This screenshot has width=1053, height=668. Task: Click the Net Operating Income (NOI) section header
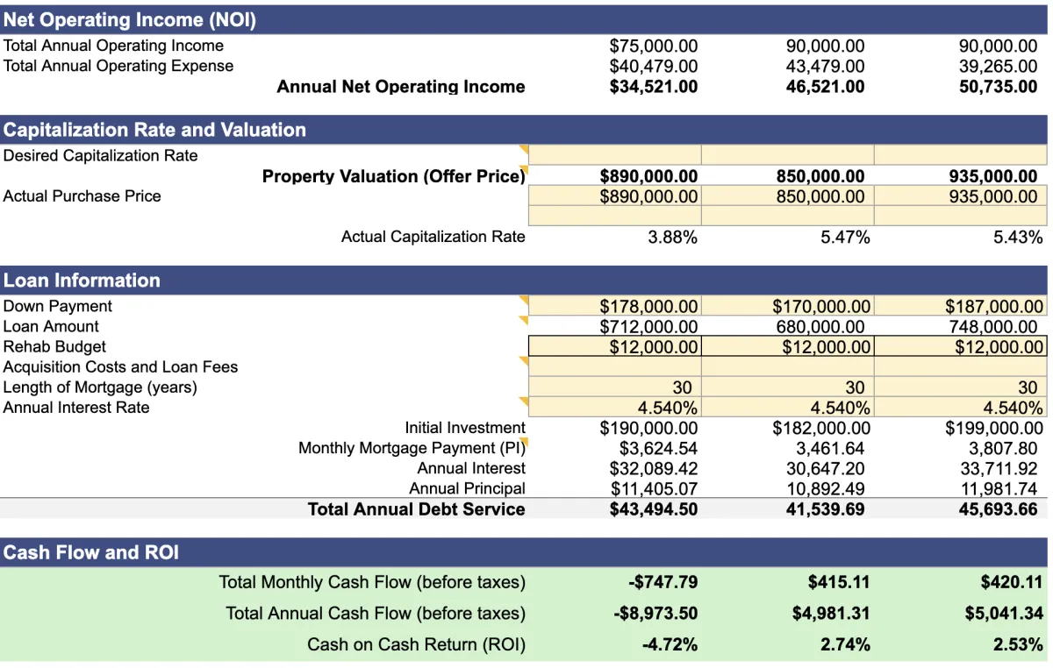[130, 20]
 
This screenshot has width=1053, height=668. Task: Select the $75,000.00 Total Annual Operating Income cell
[654, 46]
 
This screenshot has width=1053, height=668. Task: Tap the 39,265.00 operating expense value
[998, 66]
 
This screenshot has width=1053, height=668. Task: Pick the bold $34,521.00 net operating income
[654, 87]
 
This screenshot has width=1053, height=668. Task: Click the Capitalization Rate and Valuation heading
[154, 130]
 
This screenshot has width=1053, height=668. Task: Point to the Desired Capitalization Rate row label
[101, 156]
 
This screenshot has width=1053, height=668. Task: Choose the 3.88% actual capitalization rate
[672, 237]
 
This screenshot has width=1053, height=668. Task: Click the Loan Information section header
[82, 281]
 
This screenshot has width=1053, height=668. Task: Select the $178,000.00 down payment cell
[648, 307]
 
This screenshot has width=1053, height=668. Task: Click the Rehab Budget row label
[54, 347]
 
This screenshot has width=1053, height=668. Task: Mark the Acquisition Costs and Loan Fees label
[120, 367]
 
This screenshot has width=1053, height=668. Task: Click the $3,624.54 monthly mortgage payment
[658, 448]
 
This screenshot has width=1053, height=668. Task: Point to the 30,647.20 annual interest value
[825, 468]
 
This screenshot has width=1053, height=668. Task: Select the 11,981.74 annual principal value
[999, 489]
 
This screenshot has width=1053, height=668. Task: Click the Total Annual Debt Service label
[416, 509]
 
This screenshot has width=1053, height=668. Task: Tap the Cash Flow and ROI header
[90, 552]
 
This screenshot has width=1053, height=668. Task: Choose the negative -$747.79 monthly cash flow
[663, 582]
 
